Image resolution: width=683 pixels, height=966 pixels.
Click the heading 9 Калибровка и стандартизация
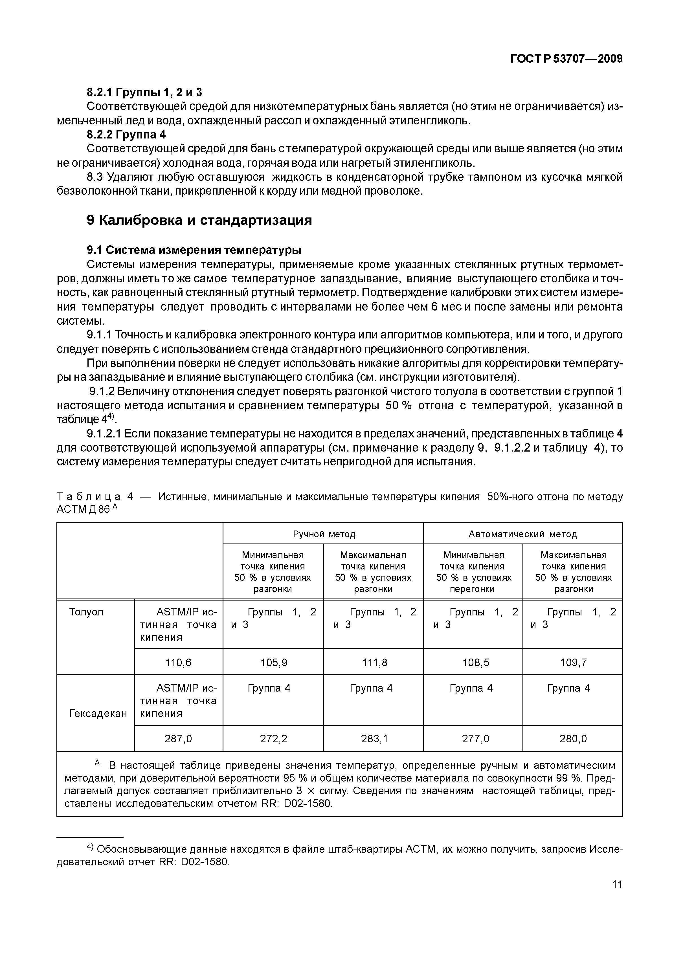coord(199,220)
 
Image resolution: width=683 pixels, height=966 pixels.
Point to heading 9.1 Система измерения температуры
coord(194,250)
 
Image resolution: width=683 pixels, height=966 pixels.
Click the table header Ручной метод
coord(324,534)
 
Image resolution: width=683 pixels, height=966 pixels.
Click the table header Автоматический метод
coord(523,534)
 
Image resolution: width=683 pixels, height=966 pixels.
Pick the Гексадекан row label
coord(98,713)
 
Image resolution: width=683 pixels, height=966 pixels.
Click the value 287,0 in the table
coord(178,738)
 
